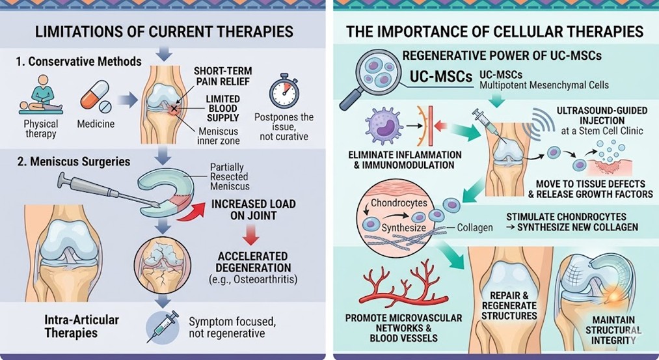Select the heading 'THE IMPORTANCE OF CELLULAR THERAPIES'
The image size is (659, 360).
(495, 31)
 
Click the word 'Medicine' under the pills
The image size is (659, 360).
(96, 124)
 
